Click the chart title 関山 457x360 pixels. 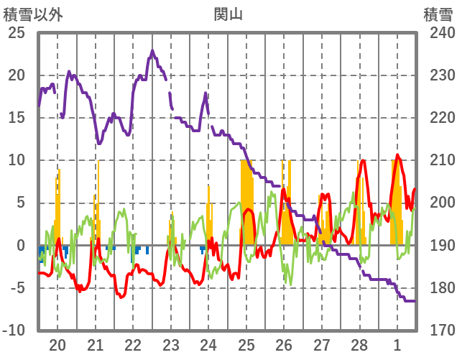pyautogui.click(x=228, y=13)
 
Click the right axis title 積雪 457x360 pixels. pyautogui.click(x=438, y=13)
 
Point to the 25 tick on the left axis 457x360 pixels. pyautogui.click(x=16, y=33)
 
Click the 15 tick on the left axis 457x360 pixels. pyautogui.click(x=16, y=118)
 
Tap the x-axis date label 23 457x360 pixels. pyautogui.click(x=170, y=344)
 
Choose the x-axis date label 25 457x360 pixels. pyautogui.click(x=246, y=344)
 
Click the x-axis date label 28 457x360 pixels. pyautogui.click(x=359, y=344)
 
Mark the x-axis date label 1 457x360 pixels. pyautogui.click(x=397, y=344)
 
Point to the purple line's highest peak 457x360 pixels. pyautogui.click(x=152, y=50)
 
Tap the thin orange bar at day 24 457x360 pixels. pyautogui.click(x=208, y=216)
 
